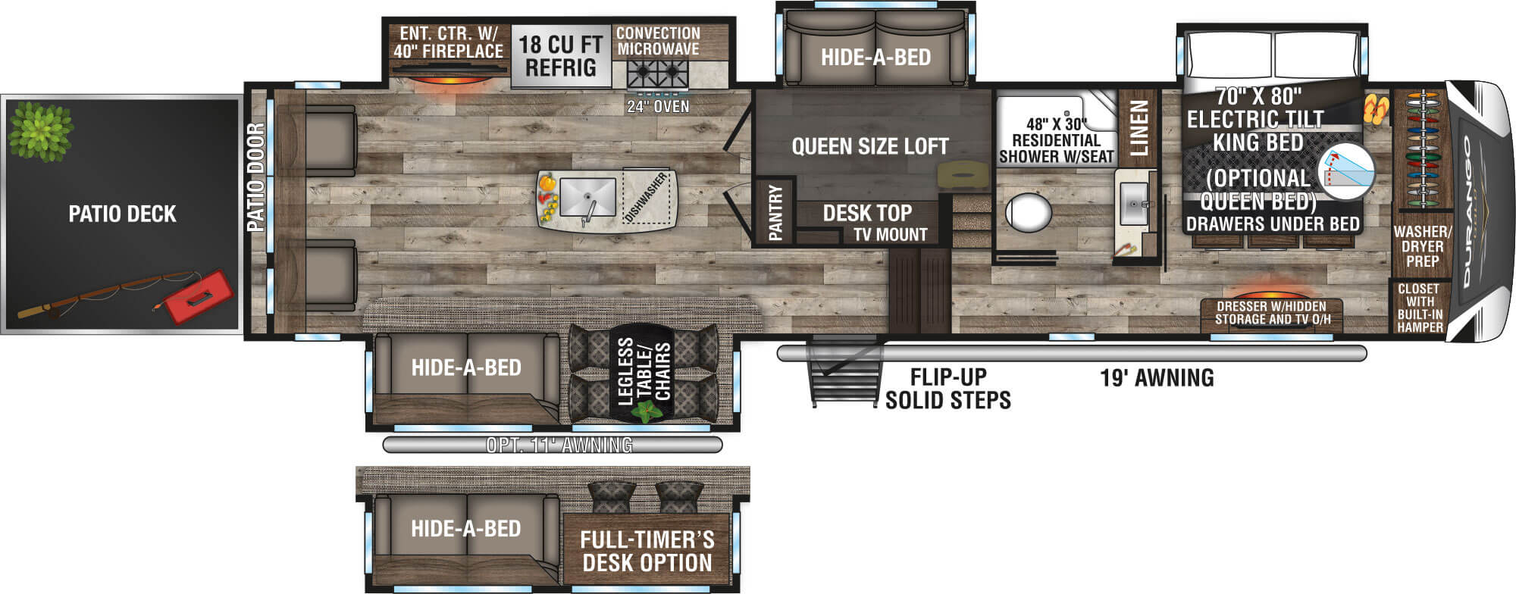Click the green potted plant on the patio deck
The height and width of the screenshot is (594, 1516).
click(41, 130)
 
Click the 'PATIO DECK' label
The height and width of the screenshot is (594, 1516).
click(122, 214)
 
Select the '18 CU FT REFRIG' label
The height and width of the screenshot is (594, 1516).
click(561, 56)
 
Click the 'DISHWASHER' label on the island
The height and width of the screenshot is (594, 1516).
click(646, 197)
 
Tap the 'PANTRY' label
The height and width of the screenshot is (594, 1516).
click(775, 213)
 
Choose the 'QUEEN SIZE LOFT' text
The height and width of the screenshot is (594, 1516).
click(870, 146)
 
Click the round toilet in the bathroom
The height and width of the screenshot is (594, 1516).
click(1028, 211)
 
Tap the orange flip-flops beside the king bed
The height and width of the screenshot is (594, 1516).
click(1377, 109)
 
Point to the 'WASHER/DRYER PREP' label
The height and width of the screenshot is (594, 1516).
click(1422, 246)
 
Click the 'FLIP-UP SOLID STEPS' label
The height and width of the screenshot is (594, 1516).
click(948, 389)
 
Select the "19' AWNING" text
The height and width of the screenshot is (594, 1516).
click(1157, 377)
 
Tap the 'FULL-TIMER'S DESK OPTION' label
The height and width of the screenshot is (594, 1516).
click(647, 551)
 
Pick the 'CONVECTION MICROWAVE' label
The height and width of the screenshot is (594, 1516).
click(658, 41)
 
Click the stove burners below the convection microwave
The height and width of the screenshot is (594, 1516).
click(657, 74)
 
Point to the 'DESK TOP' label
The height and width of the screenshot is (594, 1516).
click(867, 214)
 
